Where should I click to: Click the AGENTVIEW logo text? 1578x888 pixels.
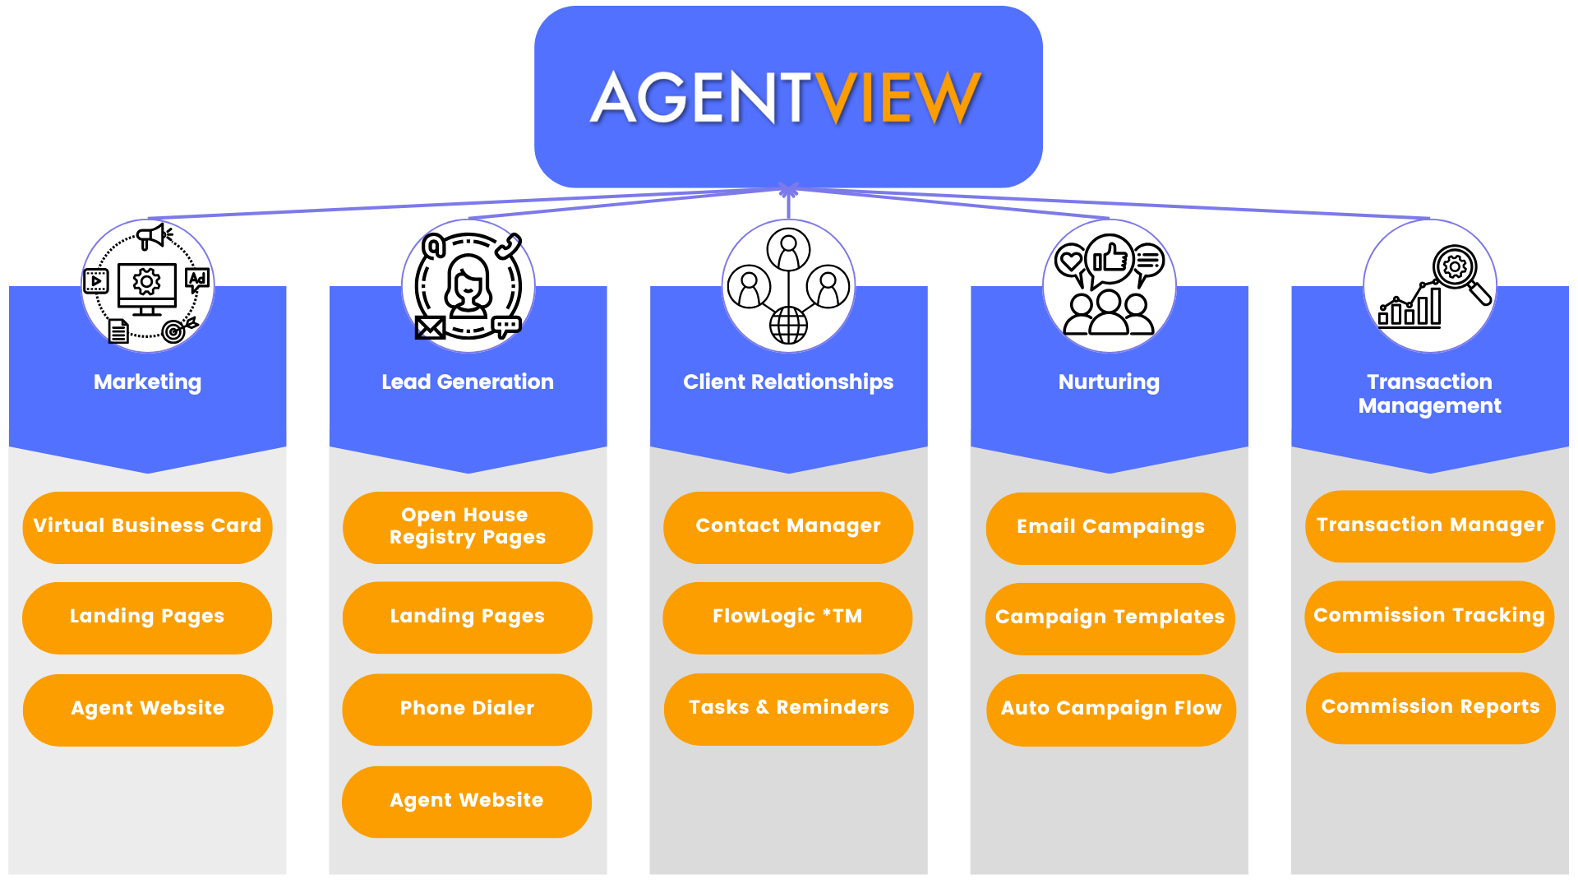coord(787,98)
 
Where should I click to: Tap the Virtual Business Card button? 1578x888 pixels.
coord(147,526)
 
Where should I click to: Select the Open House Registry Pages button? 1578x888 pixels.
coord(467,526)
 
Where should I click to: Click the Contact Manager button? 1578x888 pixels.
coord(787,526)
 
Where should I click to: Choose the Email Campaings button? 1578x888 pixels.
coord(1110,527)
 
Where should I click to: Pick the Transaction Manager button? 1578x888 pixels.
coord(1429,525)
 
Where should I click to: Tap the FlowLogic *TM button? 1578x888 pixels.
coord(787,617)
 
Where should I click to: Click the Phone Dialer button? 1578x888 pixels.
coord(466,709)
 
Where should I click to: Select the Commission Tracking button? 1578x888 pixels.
coord(1428,616)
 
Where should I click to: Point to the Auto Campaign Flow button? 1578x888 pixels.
coord(1110,709)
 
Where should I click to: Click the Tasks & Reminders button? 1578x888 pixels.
coord(788,708)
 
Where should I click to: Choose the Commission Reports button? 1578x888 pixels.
coord(1430,707)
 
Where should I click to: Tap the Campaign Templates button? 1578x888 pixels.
coord(1110,617)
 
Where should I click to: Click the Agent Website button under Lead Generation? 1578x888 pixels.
coord(466,801)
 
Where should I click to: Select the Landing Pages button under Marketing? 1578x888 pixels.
coord(146,617)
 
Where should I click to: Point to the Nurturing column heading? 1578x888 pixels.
coord(1109,382)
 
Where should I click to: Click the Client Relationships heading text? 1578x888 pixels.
coord(787,382)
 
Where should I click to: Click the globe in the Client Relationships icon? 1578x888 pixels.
coord(788,325)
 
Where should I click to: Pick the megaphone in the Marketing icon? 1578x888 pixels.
coord(153,237)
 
